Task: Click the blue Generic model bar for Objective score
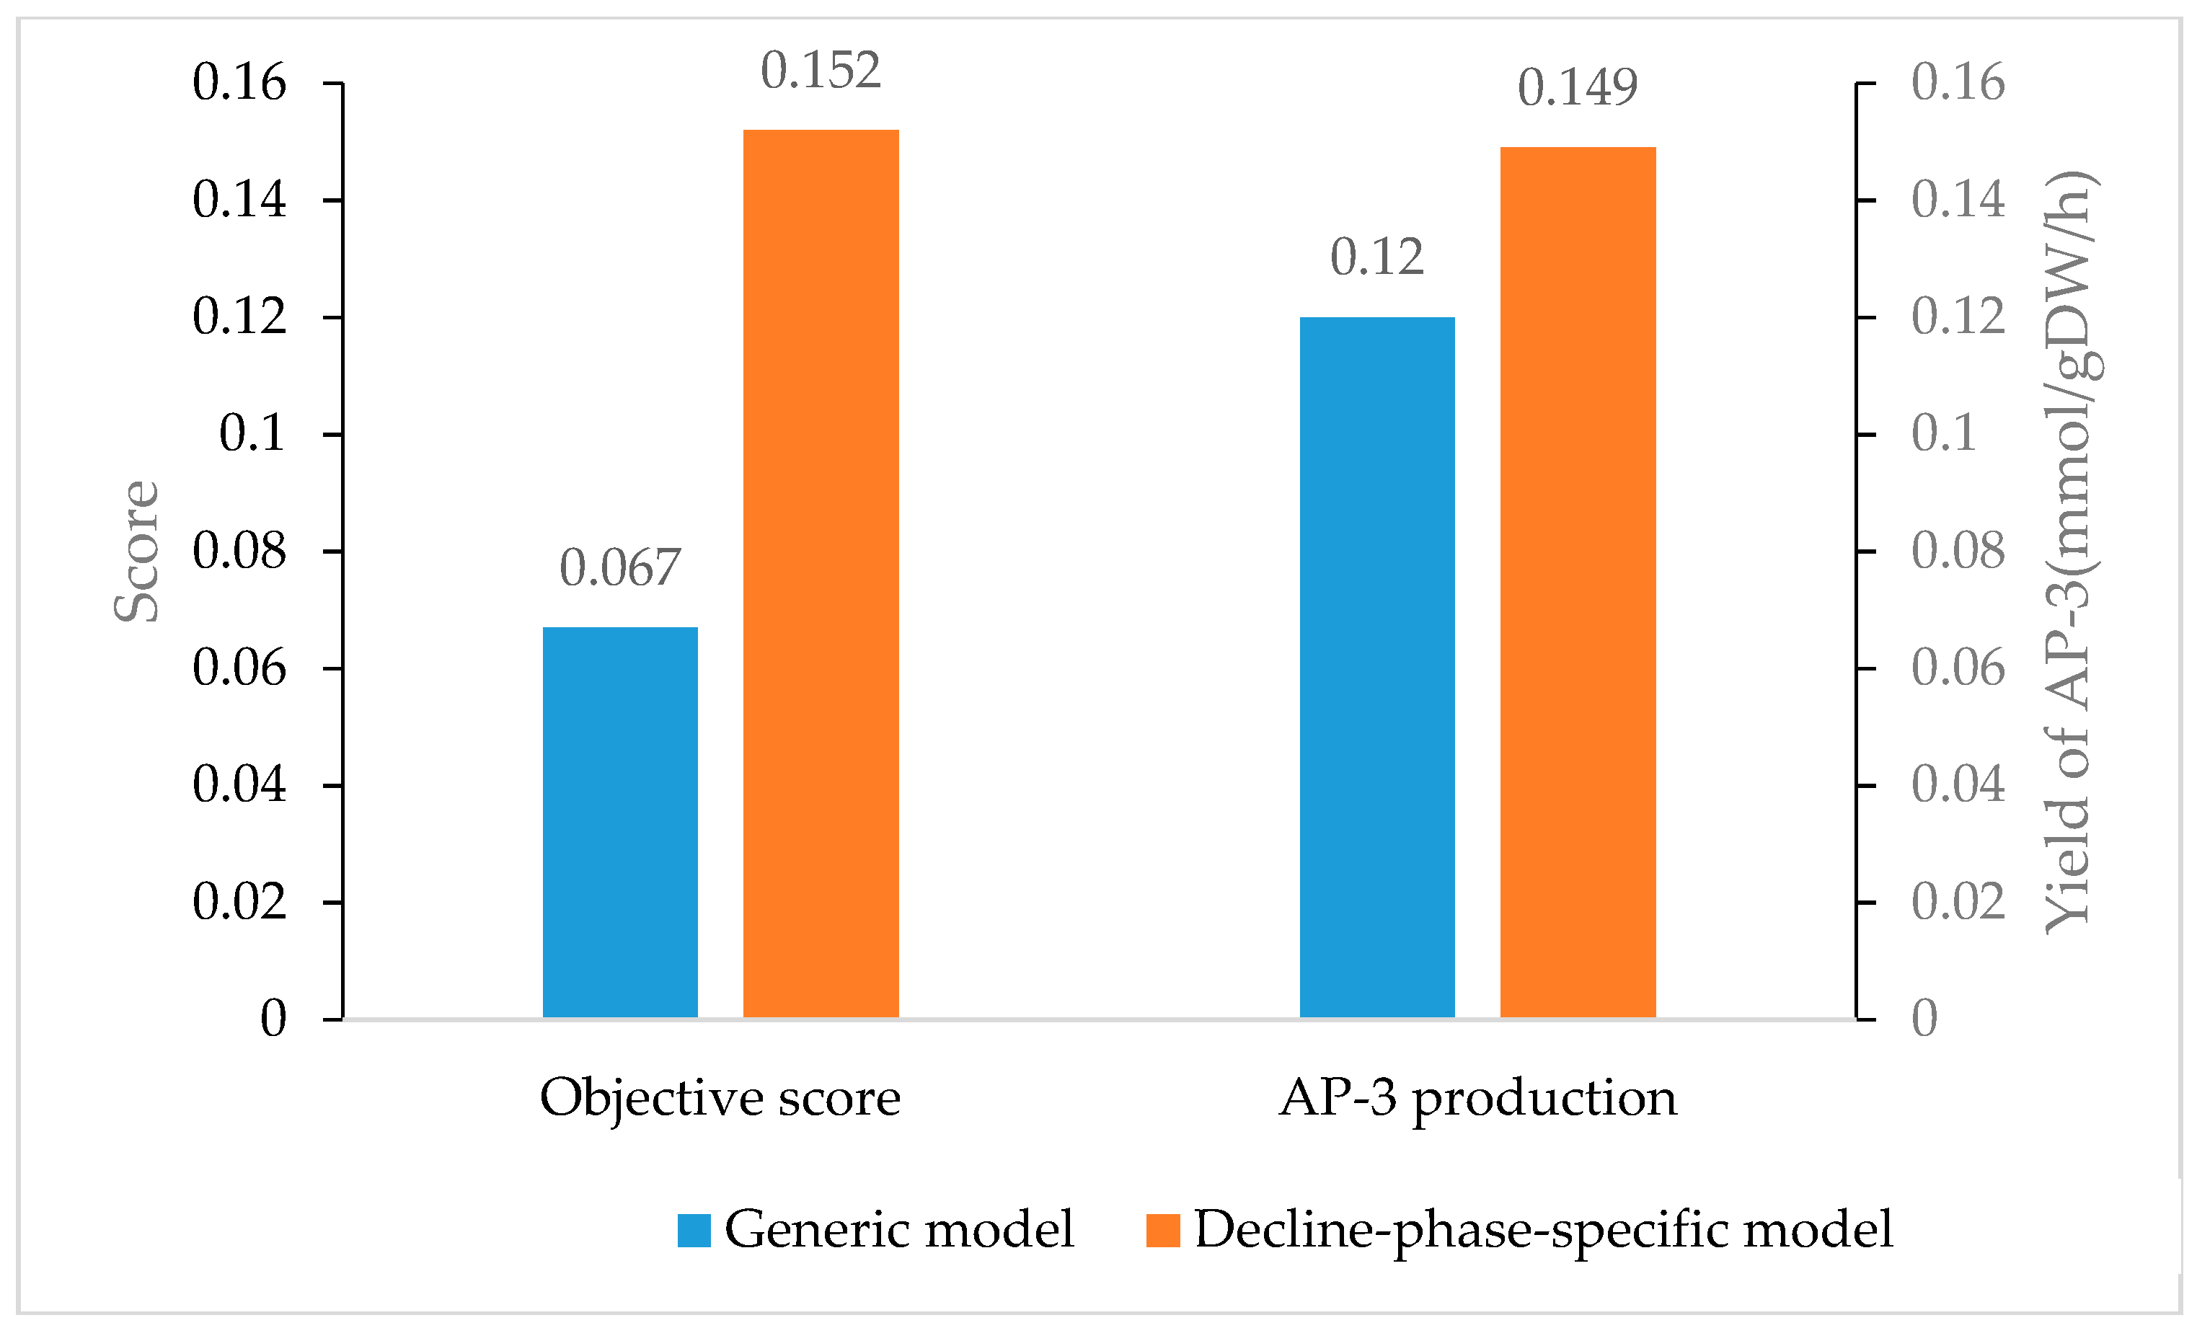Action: click(619, 822)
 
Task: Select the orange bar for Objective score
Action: click(821, 573)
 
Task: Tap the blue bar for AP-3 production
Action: click(1376, 667)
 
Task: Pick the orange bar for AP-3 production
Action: click(1578, 582)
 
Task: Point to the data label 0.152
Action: click(821, 71)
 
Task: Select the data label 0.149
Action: click(1578, 87)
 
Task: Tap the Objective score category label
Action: click(720, 1098)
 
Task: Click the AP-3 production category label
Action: click(1477, 1098)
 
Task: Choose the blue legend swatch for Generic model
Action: click(694, 1230)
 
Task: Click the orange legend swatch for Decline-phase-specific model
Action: click(1163, 1230)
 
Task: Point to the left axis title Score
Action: click(136, 551)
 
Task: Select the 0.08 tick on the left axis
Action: click(239, 550)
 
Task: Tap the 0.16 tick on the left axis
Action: click(239, 82)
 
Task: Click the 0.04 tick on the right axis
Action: click(1957, 784)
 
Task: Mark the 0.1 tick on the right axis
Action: click(1943, 433)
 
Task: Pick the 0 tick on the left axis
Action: click(273, 1018)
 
